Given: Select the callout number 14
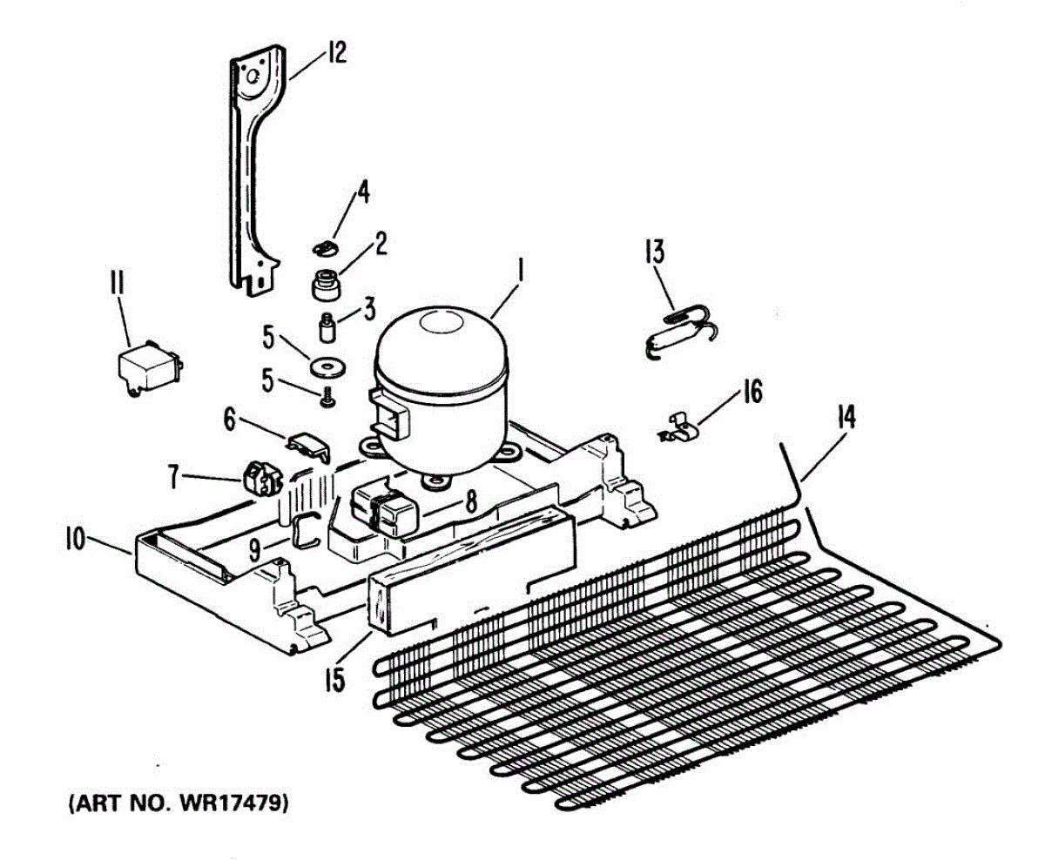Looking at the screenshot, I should pos(846,420).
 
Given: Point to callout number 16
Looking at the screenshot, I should pos(752,393).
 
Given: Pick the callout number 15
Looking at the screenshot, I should pos(334,676).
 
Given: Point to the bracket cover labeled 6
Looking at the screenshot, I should pos(310,444).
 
